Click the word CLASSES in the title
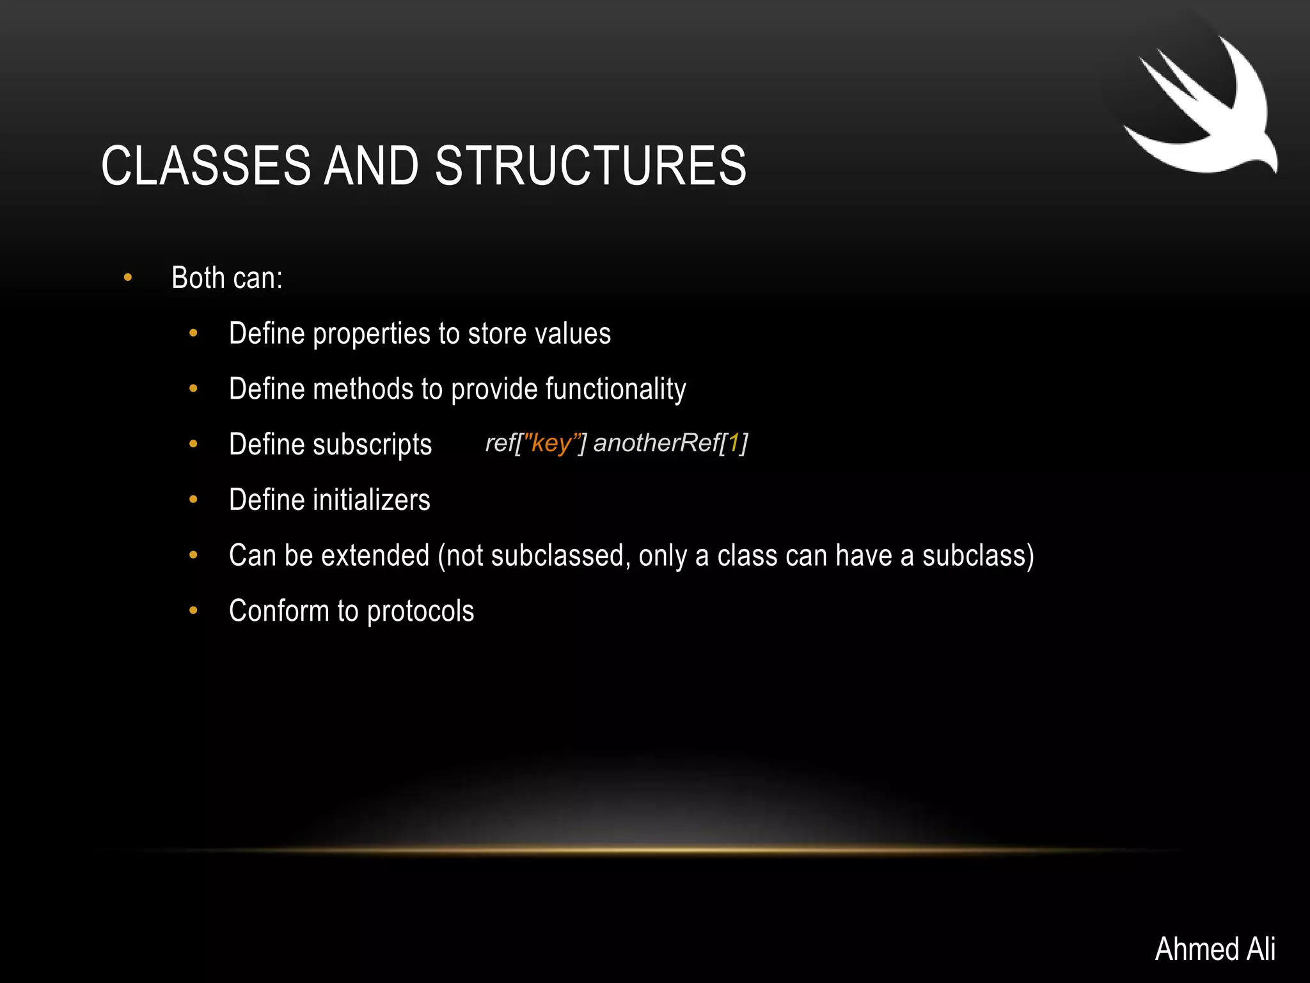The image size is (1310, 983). [205, 166]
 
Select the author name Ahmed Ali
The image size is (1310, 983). [1215, 948]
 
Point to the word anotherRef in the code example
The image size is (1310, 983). [656, 443]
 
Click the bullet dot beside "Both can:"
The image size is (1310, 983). [128, 278]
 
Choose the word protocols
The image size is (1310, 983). [420, 611]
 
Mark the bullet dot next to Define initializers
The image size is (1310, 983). [193, 500]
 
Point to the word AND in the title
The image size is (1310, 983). [371, 166]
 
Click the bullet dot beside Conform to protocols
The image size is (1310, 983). [193, 611]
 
